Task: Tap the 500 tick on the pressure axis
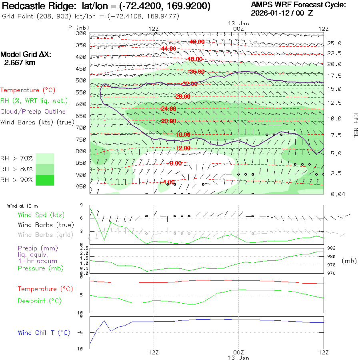(81, 80)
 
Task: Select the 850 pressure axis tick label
(81, 163)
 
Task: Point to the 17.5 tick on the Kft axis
(334, 76)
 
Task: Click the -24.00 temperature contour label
(168, 109)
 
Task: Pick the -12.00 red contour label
(182, 148)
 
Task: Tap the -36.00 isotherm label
(196, 72)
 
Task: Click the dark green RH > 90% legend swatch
(44, 180)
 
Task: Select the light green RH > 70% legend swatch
(44, 158)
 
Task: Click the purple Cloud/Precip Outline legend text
(33, 112)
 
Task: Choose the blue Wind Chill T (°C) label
(44, 333)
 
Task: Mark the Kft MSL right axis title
(355, 125)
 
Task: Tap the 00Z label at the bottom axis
(238, 352)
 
